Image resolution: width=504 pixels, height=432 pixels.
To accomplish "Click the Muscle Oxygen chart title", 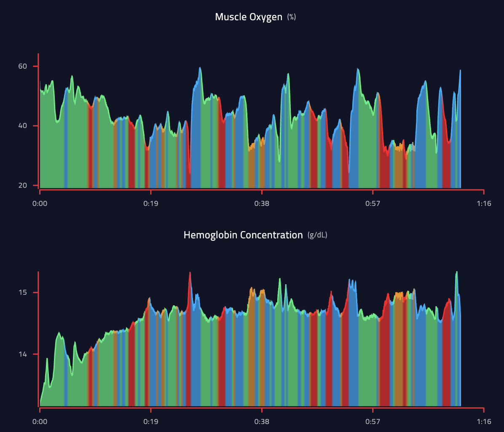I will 248,17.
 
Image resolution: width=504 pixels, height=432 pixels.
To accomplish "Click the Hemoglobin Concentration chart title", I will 243,235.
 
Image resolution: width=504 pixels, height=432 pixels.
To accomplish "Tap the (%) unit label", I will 291,17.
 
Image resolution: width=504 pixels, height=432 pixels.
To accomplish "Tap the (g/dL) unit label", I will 317,235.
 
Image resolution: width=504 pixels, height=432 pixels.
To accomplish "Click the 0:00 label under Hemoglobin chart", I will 40,421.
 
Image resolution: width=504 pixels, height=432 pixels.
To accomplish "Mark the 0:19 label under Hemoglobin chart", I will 150,421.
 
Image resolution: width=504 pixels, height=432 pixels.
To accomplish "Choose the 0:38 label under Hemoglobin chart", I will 262,421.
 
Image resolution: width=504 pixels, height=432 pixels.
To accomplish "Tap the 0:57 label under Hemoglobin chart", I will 373,421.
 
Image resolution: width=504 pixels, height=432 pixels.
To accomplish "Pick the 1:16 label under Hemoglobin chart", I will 484,421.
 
